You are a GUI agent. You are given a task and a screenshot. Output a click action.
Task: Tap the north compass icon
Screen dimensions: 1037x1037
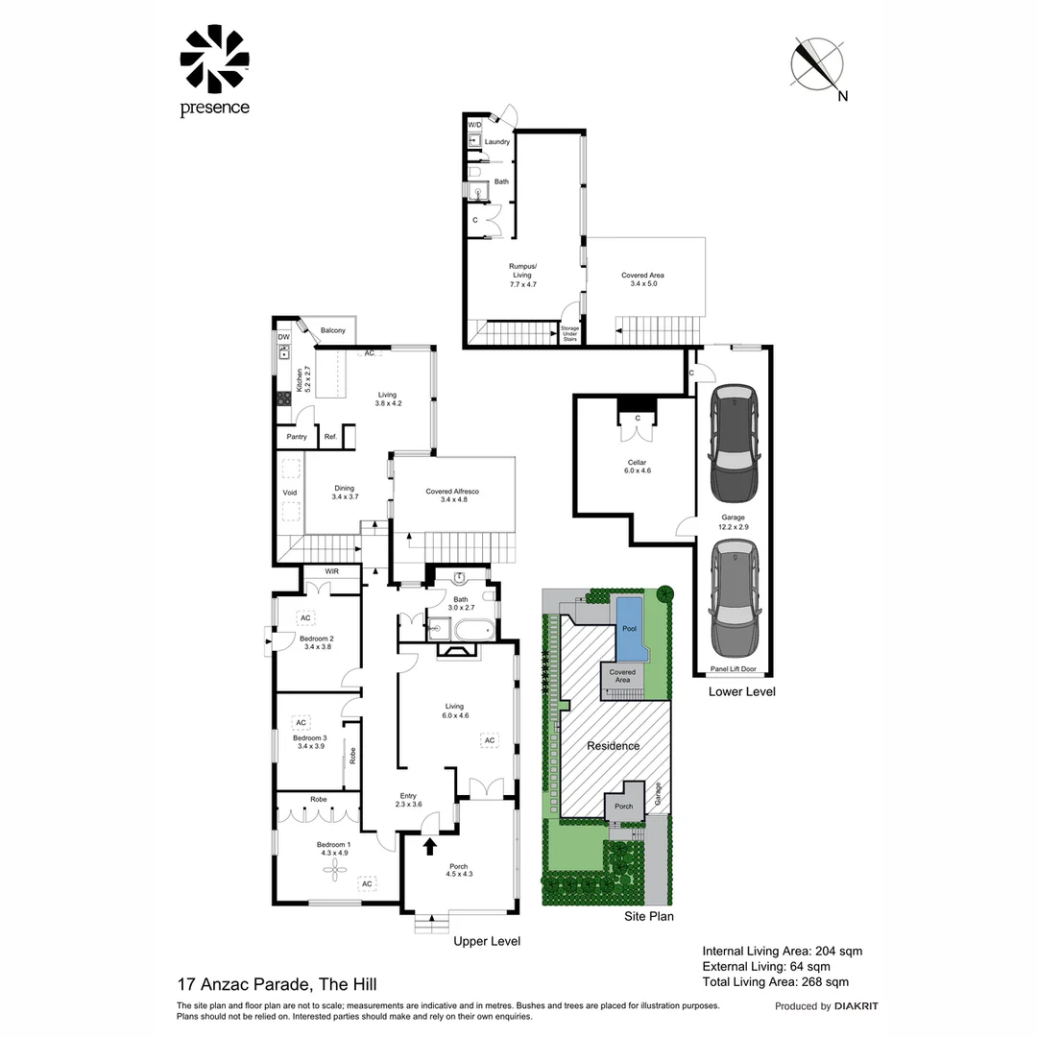pyautogui.click(x=816, y=64)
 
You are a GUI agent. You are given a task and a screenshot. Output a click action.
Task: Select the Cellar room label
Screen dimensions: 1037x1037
pyautogui.click(x=638, y=467)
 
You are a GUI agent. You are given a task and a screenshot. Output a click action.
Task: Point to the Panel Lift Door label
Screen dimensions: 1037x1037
pyautogui.click(x=732, y=669)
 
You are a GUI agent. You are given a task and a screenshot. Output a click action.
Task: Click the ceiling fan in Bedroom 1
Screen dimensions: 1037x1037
pyautogui.click(x=336, y=870)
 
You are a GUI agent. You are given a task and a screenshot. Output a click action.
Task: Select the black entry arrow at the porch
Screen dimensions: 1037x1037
pyautogui.click(x=430, y=845)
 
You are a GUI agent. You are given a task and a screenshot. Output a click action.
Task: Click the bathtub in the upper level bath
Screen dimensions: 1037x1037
pyautogui.click(x=470, y=632)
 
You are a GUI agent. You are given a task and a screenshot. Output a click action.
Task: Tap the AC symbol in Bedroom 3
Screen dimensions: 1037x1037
pyautogui.click(x=301, y=722)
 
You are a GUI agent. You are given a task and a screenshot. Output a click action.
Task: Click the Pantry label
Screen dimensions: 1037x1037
pyautogui.click(x=297, y=437)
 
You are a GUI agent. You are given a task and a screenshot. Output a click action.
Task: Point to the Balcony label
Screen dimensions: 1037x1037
pyautogui.click(x=332, y=330)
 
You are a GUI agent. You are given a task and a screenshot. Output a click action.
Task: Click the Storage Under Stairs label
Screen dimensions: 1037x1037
pyautogui.click(x=569, y=333)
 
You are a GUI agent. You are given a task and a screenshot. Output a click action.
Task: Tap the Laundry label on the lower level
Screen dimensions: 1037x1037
pyautogui.click(x=497, y=142)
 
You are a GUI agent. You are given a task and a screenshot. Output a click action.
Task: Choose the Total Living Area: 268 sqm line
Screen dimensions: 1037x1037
pyautogui.click(x=776, y=981)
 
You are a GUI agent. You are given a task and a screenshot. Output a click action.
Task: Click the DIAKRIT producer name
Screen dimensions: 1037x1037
pyautogui.click(x=856, y=1006)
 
